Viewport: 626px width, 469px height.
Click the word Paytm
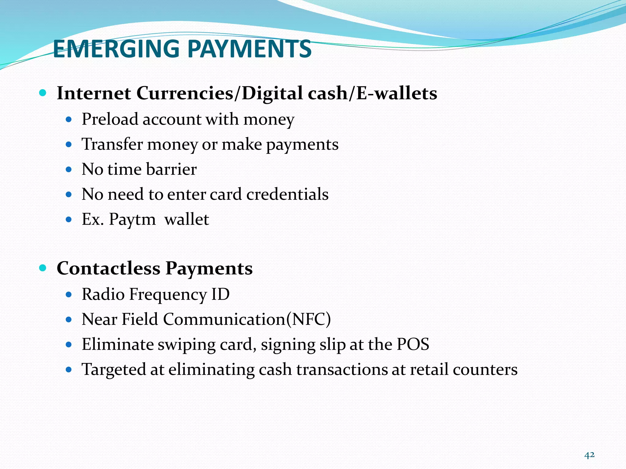click(132, 220)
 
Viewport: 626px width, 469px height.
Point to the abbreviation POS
click(413, 344)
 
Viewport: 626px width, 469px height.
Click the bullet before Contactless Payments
click(43, 268)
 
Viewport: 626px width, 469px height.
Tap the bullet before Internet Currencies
click(43, 93)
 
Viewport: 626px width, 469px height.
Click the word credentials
click(287, 194)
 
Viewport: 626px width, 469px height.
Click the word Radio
click(103, 294)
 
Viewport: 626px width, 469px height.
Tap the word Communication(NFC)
click(247, 319)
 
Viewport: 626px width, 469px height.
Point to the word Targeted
click(113, 370)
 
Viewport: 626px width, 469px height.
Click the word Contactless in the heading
click(109, 269)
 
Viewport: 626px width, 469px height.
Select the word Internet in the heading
click(94, 93)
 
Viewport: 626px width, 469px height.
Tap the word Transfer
click(112, 144)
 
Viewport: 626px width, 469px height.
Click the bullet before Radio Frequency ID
click(69, 295)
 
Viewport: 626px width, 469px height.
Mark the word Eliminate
click(117, 344)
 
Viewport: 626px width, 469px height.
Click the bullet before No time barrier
click(69, 169)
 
